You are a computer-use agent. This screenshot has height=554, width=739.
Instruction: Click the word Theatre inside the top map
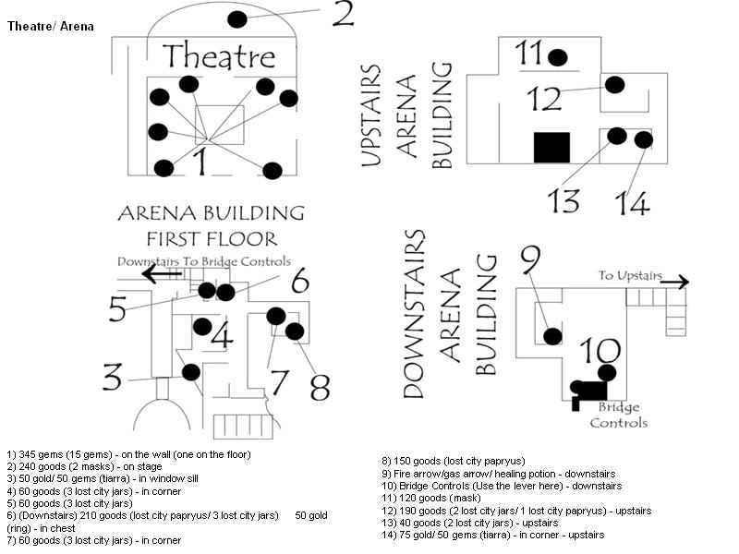[219, 56]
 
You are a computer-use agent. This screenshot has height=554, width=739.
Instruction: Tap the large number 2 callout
[343, 14]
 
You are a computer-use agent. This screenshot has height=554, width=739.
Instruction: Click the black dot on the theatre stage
[237, 19]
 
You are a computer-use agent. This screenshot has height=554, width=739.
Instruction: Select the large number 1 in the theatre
[200, 161]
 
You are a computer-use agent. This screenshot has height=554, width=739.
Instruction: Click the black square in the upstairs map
[551, 148]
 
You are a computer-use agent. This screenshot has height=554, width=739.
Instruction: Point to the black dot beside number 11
[558, 57]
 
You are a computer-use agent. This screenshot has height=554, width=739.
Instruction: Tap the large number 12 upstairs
[544, 99]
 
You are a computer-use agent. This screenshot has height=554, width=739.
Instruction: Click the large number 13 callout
[563, 200]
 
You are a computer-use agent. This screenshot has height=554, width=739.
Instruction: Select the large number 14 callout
[633, 203]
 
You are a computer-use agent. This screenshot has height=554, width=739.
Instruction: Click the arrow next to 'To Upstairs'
[674, 283]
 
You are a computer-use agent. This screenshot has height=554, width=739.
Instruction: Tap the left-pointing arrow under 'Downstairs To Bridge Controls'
[162, 273]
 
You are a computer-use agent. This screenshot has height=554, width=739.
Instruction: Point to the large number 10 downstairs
[600, 351]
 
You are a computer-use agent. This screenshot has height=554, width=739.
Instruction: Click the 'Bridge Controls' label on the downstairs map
[618, 415]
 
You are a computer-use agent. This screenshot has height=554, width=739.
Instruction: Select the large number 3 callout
[112, 377]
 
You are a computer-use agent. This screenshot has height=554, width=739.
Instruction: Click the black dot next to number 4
[202, 327]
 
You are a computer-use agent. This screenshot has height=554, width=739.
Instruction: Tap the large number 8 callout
[320, 387]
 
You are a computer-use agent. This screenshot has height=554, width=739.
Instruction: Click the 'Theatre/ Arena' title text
[51, 27]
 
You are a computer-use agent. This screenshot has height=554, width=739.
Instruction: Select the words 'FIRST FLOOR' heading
[212, 239]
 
